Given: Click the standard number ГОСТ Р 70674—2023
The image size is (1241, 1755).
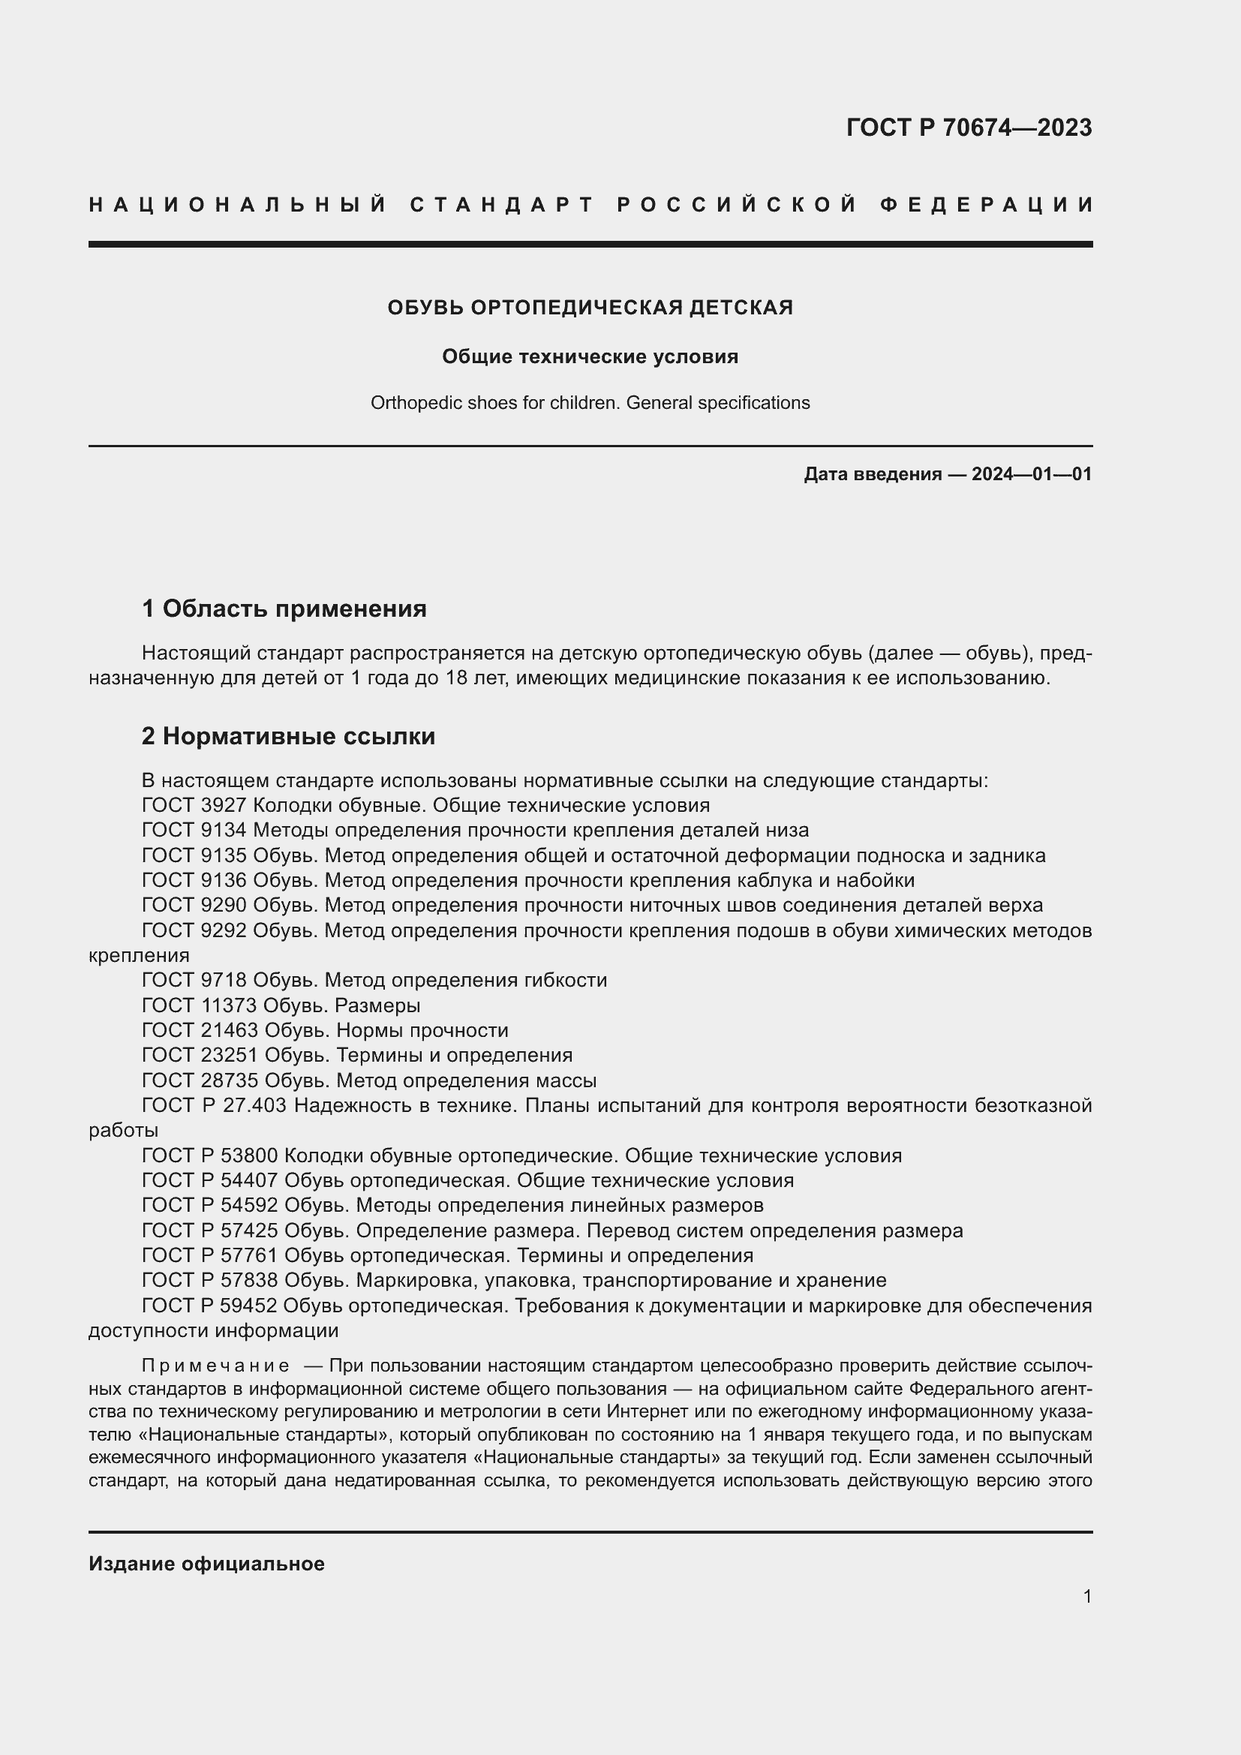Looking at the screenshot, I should click(x=969, y=128).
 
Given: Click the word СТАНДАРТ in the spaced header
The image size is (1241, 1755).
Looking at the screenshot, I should click(x=502, y=205).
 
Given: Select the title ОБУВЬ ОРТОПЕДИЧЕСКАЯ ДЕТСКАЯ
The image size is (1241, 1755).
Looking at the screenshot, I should click(x=590, y=308).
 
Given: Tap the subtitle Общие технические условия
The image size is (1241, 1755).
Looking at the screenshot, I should click(x=590, y=357).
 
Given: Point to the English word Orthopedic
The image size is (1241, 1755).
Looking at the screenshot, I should click(x=407, y=403).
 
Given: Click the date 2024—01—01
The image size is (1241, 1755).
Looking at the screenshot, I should click(x=1031, y=474).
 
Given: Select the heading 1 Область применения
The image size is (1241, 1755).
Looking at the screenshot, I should click(x=284, y=609).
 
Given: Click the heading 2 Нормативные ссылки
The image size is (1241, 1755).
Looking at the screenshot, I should click(x=288, y=736).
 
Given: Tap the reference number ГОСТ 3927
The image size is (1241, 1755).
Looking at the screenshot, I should click(x=194, y=805).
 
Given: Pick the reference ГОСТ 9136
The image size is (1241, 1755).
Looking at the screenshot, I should click(x=194, y=881).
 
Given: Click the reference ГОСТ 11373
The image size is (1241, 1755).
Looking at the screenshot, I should click(x=200, y=1005).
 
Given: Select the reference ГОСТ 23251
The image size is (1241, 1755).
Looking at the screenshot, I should click(x=200, y=1056).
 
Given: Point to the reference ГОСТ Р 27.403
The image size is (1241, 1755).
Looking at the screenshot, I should click(x=214, y=1105).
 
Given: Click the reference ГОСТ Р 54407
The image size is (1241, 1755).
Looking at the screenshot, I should click(x=209, y=1181).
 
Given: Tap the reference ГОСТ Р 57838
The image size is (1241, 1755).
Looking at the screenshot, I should click(x=209, y=1280).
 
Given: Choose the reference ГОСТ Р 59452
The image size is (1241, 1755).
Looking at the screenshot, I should click(x=209, y=1306).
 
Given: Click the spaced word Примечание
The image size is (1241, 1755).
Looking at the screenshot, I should click(x=215, y=1366).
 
